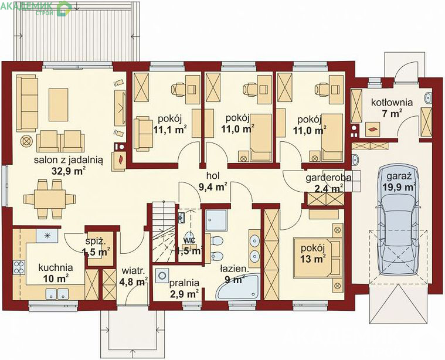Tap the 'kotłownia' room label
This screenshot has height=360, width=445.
click(x=392, y=102)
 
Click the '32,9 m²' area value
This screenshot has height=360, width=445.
click(x=69, y=171)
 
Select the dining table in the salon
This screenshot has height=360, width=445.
click(x=50, y=199)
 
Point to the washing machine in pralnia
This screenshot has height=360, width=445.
click(x=162, y=276)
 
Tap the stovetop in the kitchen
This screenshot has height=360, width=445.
click(x=19, y=267)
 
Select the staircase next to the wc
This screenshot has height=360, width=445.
click(x=164, y=232)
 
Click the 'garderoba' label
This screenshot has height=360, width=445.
click(x=328, y=178)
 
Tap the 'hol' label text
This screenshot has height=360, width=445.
click(x=213, y=176)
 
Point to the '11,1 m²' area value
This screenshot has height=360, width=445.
click(x=170, y=130)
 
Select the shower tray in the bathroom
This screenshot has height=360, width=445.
click(x=216, y=220)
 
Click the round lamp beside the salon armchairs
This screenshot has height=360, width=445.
click(x=26, y=141)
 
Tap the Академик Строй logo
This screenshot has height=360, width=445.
click(x=36, y=8)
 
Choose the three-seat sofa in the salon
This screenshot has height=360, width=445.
click(x=27, y=103)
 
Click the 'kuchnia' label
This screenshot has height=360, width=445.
click(x=56, y=267)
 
